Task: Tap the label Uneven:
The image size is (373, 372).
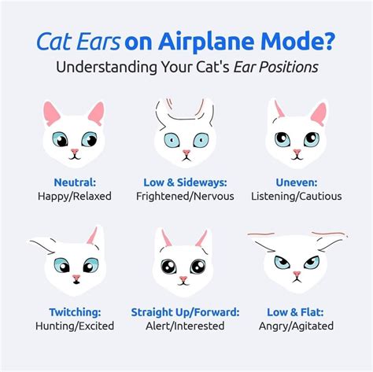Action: click(297, 181)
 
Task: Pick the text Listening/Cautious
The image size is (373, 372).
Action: click(297, 195)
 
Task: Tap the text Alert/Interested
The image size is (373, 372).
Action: click(186, 325)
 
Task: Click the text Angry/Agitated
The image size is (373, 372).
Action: click(297, 325)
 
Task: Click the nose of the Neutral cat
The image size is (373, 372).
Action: click(74, 151)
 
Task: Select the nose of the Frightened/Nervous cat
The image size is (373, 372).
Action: click(187, 152)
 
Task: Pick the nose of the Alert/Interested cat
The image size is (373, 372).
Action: click(183, 279)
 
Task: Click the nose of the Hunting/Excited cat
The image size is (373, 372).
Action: click(76, 278)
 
